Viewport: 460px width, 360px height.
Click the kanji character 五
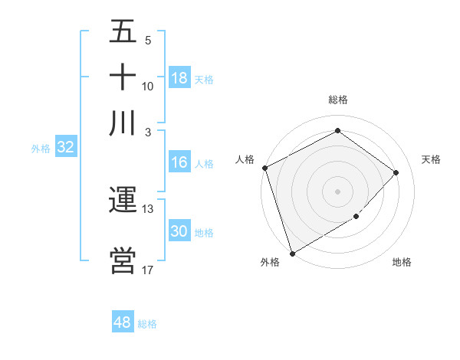123,32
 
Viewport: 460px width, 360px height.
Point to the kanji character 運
123,200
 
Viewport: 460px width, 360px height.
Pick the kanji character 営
123,260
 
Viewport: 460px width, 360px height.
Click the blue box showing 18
179,78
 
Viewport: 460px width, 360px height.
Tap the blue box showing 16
179,162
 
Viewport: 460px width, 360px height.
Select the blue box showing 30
179,231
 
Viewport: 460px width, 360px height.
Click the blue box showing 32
65,148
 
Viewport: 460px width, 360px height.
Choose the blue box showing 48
123,322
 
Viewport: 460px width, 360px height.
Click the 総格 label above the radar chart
337,100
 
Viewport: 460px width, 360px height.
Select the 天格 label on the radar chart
431,159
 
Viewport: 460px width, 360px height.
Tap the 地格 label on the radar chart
402,263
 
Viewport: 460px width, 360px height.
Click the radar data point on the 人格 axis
264,168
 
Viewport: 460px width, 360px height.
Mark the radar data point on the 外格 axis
292,253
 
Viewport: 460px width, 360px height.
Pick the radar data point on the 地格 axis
356,217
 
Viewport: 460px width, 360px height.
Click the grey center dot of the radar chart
337,191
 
